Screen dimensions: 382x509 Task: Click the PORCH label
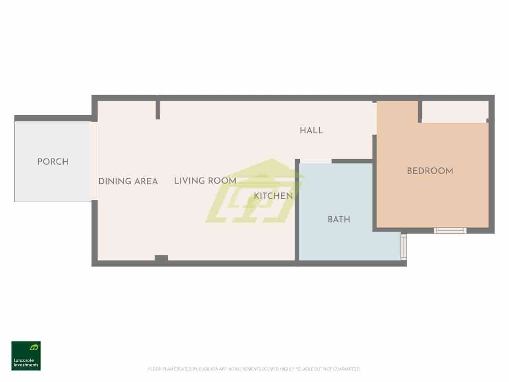coord(53,162)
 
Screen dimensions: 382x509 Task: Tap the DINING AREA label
coord(128,181)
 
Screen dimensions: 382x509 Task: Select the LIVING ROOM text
coord(205,181)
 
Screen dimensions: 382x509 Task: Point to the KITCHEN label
coord(273,196)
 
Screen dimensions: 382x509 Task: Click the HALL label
coord(311,131)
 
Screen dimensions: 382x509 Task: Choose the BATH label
coord(339,219)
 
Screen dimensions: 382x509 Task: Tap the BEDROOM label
coord(430,171)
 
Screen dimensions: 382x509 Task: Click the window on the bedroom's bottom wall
coord(450,230)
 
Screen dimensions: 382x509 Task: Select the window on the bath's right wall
coord(404,247)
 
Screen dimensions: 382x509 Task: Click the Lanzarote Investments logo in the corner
coord(26,356)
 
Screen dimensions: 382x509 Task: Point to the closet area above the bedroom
coord(455,111)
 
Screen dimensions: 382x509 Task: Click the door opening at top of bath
coord(315,161)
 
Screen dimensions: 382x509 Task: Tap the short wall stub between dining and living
coord(158,110)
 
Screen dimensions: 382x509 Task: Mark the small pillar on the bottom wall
coord(161,258)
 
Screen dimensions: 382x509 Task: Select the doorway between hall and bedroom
coord(375,119)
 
